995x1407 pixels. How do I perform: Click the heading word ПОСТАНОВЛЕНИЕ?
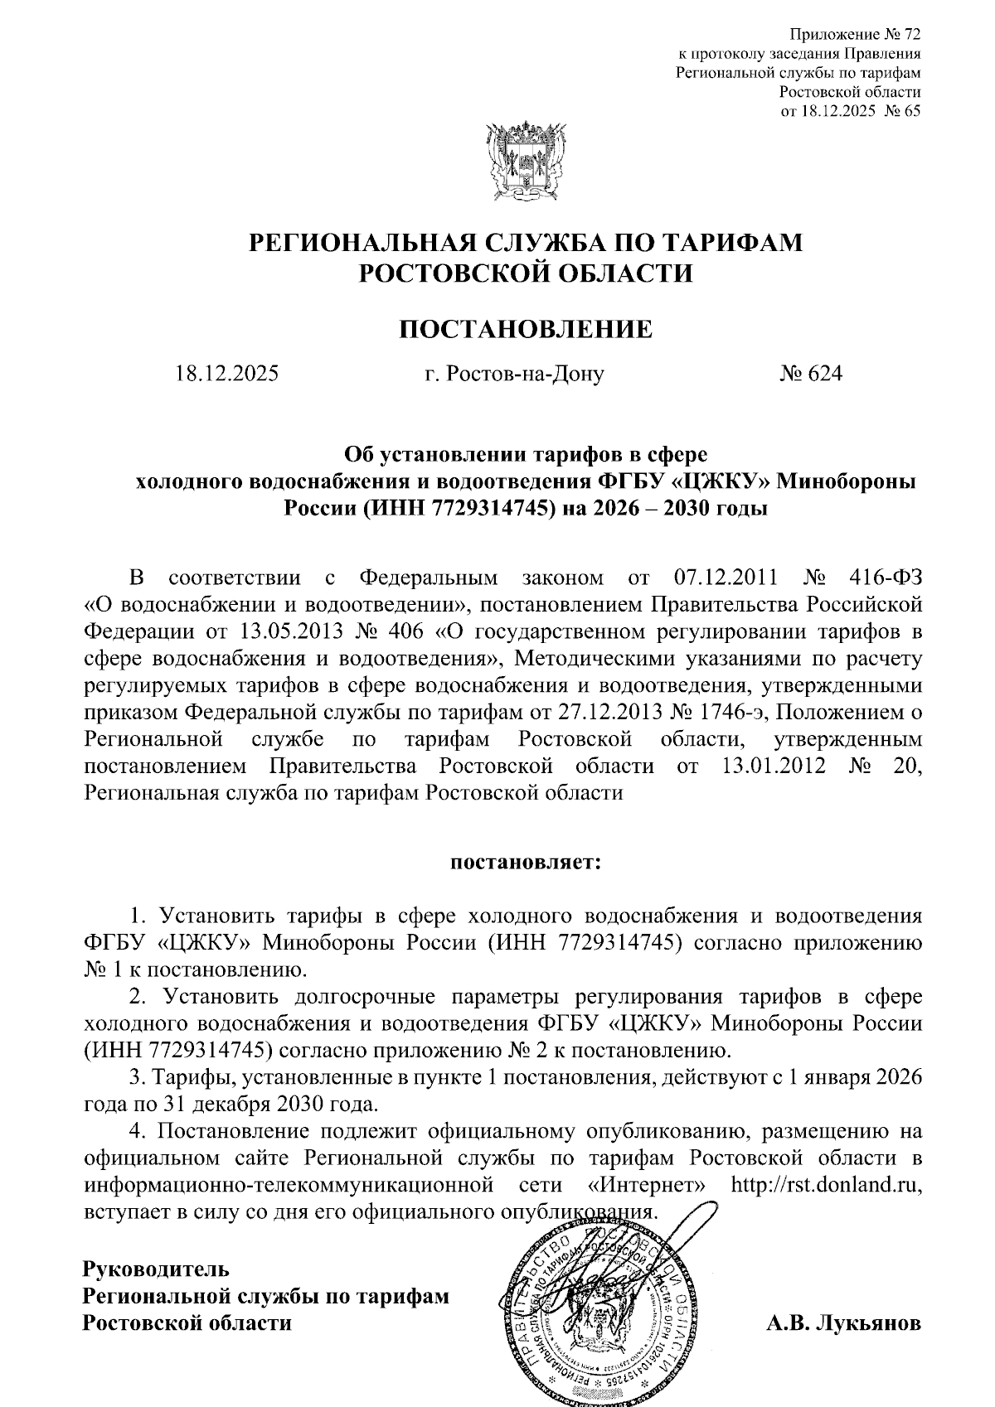point(526,329)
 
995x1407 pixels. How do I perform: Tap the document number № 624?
point(810,374)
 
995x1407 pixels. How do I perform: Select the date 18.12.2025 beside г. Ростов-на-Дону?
point(226,374)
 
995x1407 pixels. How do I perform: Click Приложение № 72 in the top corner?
point(855,35)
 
